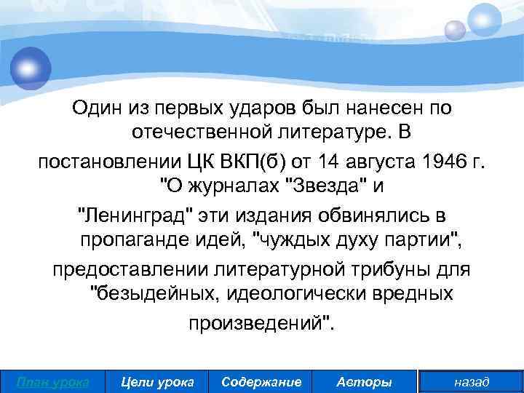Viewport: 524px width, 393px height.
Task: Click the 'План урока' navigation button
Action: [x=52, y=381]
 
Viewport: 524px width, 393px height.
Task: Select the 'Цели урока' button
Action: [x=157, y=381]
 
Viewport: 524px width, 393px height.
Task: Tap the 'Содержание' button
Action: [x=261, y=381]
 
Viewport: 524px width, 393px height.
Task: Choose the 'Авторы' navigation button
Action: [x=365, y=381]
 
